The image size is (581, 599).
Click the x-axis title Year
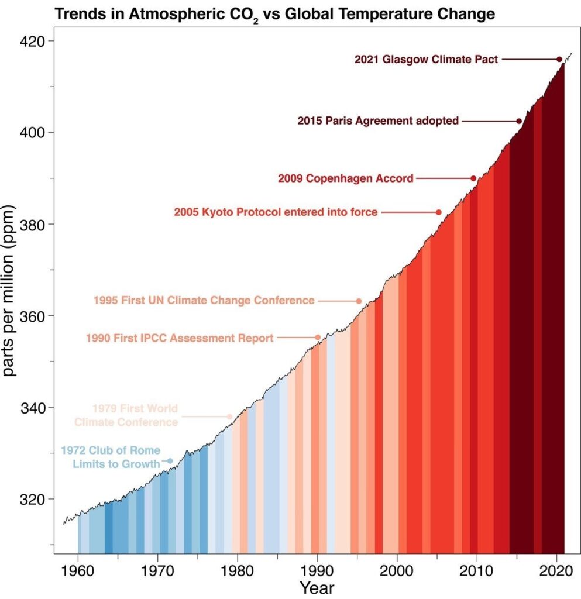click(317, 587)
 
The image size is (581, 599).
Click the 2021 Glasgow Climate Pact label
click(426, 59)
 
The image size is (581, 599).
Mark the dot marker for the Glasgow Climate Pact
click(559, 59)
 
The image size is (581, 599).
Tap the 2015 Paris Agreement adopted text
click(378, 121)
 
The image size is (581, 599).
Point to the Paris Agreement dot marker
click(519, 121)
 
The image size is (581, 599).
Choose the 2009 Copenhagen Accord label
click(346, 178)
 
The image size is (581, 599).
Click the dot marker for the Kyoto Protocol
click(438, 212)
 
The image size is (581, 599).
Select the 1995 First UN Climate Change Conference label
click(204, 301)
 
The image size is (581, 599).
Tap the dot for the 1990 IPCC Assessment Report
click(318, 338)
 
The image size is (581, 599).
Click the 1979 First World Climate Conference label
click(126, 415)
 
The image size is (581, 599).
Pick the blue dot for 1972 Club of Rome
click(170, 461)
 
